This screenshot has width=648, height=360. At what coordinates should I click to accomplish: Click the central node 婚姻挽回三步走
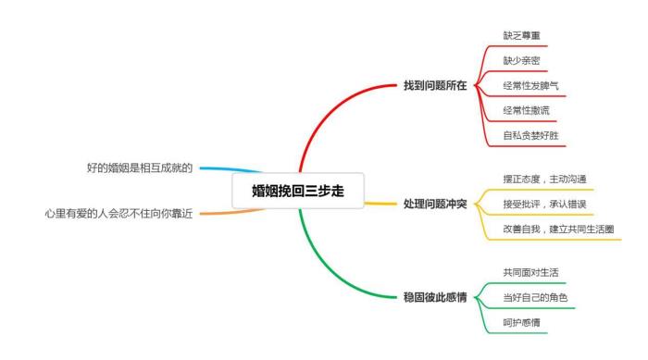tap(300, 191)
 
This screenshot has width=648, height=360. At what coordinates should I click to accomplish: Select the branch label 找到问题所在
tap(435, 85)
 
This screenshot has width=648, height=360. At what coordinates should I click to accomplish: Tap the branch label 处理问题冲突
tap(435, 203)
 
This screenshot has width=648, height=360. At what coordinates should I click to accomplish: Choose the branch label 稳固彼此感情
tap(435, 297)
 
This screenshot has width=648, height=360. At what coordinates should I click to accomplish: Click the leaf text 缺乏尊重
tap(521, 35)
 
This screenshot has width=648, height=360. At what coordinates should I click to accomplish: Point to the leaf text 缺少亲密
tap(521, 60)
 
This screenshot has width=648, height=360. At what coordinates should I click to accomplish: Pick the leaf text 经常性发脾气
tap(530, 85)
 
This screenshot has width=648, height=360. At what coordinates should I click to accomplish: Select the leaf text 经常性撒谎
tap(526, 110)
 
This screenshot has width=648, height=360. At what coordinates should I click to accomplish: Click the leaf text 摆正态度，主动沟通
tap(544, 179)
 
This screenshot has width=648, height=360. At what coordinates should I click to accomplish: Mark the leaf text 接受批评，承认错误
tap(544, 203)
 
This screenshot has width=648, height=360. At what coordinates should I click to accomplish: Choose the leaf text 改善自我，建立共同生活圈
tap(558, 228)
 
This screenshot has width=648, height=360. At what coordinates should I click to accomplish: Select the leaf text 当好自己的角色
tap(535, 297)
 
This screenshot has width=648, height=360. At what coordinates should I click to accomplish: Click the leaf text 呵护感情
tap(521, 322)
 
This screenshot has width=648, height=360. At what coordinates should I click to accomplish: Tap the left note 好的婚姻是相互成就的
tap(140, 168)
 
